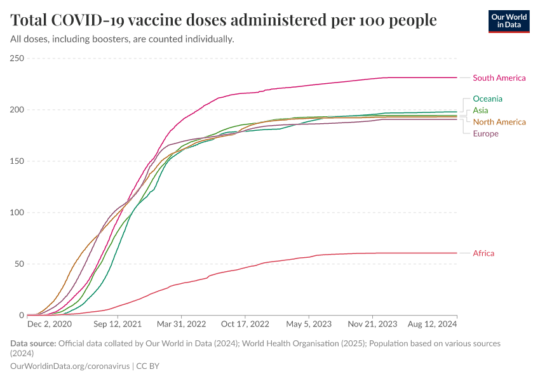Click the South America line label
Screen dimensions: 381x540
tap(499, 78)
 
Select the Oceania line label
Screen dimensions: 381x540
tap(487, 98)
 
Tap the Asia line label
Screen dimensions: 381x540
tap(480, 110)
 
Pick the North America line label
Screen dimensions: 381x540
tap(499, 122)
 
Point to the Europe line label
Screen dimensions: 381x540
tap(485, 133)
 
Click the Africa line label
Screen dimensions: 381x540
tap(483, 253)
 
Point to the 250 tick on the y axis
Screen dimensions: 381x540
tap(17, 58)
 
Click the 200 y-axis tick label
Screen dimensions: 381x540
tap(17, 110)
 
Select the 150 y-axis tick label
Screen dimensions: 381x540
tap(17, 161)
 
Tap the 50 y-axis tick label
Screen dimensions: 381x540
tap(19, 264)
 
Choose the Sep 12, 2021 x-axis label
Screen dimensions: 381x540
tap(118, 324)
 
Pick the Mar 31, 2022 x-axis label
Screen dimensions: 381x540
tap(182, 324)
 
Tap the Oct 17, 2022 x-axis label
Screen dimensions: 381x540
tap(245, 324)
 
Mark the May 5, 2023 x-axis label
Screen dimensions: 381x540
tap(309, 324)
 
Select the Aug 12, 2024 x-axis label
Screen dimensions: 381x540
tap(433, 324)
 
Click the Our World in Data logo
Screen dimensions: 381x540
tap(509, 21)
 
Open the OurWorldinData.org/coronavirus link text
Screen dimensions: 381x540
tap(71, 366)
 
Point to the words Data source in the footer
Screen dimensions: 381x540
tap(33, 344)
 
